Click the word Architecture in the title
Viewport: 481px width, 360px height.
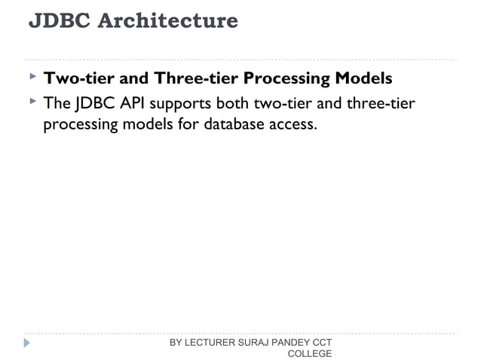pyautogui.click(x=168, y=21)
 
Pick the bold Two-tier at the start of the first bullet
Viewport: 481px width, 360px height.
pyautogui.click(x=78, y=78)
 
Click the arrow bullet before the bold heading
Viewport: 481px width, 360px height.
pyautogui.click(x=32, y=77)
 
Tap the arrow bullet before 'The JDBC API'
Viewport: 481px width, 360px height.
pyautogui.click(x=32, y=101)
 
